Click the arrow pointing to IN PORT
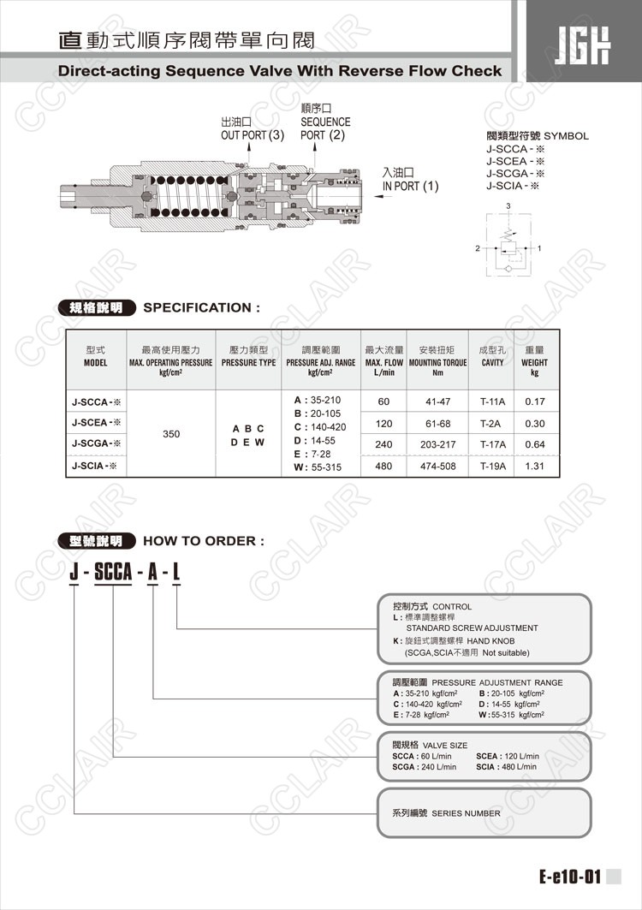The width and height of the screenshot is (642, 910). (x=383, y=196)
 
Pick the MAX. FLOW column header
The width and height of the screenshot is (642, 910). (x=383, y=360)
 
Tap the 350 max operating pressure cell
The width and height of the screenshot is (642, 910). (x=171, y=433)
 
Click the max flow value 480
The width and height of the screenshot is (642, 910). (x=383, y=466)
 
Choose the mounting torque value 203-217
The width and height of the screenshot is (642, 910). (x=437, y=444)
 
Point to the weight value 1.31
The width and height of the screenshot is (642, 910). (x=535, y=466)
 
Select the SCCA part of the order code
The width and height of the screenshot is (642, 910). (x=113, y=572)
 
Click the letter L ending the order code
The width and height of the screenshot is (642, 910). (x=175, y=572)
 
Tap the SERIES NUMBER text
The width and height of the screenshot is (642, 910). (x=466, y=813)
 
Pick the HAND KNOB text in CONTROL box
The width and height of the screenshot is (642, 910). (x=490, y=640)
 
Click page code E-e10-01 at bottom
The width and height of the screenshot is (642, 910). (x=569, y=877)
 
